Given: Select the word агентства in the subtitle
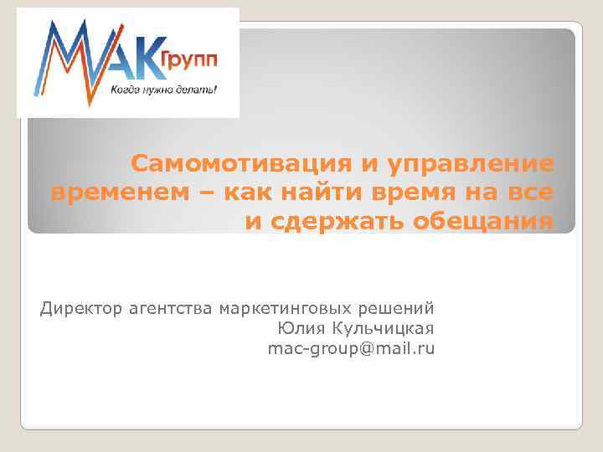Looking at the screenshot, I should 172,308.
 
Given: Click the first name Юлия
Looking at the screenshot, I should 296,328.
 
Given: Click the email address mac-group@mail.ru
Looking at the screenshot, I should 351,348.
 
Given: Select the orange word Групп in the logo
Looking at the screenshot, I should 189,59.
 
